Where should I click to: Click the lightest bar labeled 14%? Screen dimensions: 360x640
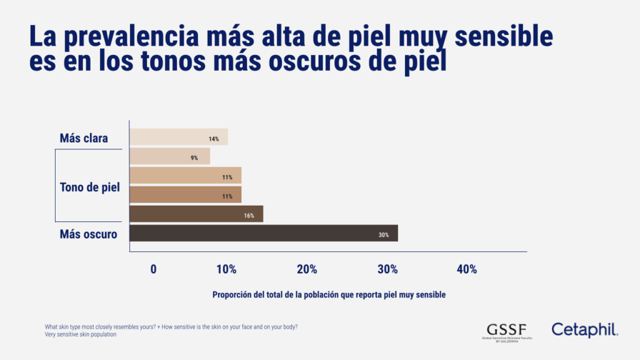click(x=178, y=137)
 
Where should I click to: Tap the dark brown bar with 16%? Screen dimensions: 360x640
click(x=196, y=214)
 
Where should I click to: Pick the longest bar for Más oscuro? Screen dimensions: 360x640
click(x=262, y=233)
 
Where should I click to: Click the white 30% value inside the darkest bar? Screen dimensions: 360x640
click(x=383, y=235)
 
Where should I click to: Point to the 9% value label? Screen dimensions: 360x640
click(x=194, y=158)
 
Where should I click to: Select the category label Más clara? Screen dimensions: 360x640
click(x=84, y=138)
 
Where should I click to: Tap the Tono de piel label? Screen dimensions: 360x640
click(x=89, y=187)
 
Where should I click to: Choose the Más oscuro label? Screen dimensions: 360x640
click(x=88, y=234)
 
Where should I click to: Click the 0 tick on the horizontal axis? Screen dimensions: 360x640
click(x=153, y=269)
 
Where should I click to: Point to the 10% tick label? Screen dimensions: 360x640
click(x=226, y=269)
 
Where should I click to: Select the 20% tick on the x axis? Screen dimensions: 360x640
click(x=307, y=269)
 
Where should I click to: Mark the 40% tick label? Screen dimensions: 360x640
click(x=467, y=269)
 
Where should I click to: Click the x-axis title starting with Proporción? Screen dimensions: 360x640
click(x=329, y=295)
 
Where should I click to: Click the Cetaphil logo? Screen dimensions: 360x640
click(x=584, y=329)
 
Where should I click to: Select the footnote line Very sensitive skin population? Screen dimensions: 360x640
click(x=81, y=334)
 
